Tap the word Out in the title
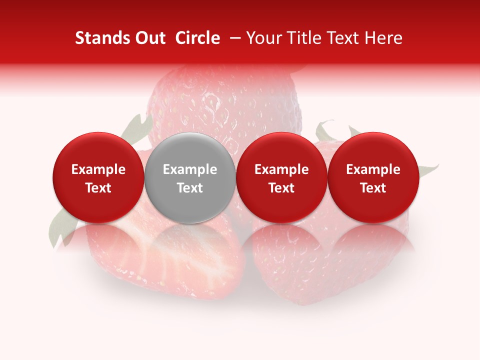point(149,38)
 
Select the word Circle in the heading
point(197,38)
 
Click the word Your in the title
point(263,38)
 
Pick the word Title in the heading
point(302,38)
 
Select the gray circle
point(189,177)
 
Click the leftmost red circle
point(98,177)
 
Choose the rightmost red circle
point(373,177)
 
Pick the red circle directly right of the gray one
point(281,177)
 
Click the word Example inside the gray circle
point(190,169)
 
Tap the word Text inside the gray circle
point(190,188)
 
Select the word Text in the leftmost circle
point(98,188)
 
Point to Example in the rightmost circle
point(373,169)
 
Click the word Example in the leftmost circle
point(98,169)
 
